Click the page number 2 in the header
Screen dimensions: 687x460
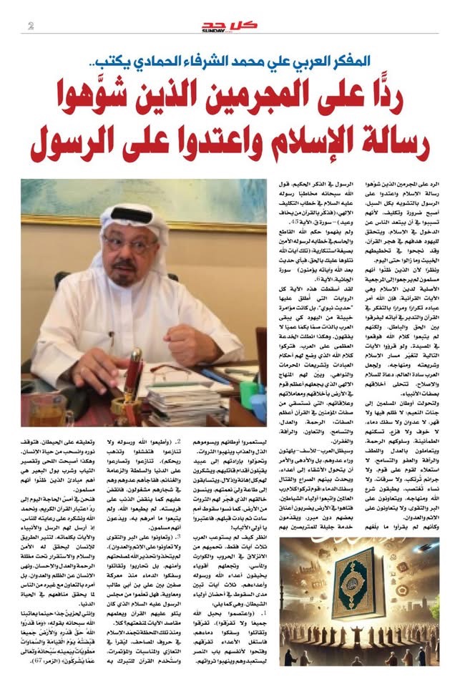(x=31, y=27)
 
